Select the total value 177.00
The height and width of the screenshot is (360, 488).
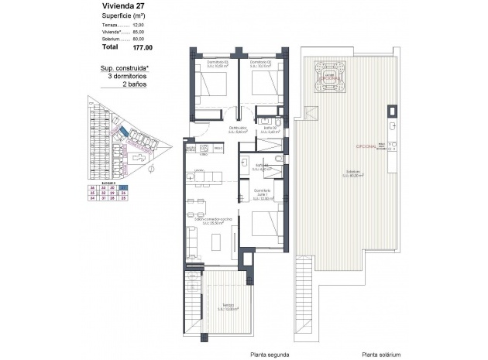point(143,47)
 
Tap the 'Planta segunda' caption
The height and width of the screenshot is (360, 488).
point(270,354)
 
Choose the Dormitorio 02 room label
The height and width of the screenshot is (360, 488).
point(263,63)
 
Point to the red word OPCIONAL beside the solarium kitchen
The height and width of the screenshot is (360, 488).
point(366,146)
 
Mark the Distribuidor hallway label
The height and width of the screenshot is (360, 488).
point(237,129)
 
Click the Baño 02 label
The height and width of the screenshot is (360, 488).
point(270,129)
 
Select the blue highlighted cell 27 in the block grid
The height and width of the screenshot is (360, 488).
point(124,187)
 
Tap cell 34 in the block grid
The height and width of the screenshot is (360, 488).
point(93,198)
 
